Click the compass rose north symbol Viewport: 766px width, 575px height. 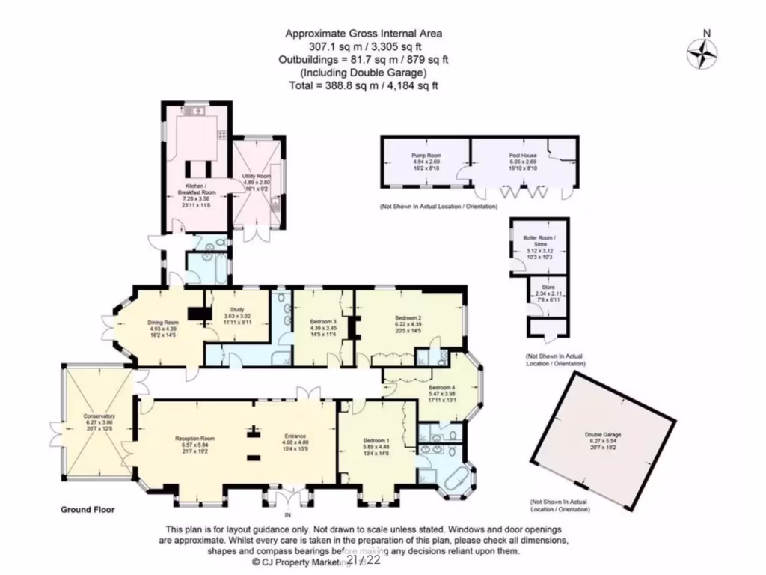click(x=702, y=52)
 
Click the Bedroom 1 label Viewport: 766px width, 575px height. click(x=376, y=439)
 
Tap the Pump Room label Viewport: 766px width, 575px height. click(x=423, y=155)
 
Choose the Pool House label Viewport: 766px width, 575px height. click(x=524, y=155)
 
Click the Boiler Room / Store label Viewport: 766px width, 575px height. click(x=538, y=241)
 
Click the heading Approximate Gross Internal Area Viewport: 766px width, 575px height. click(x=364, y=33)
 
